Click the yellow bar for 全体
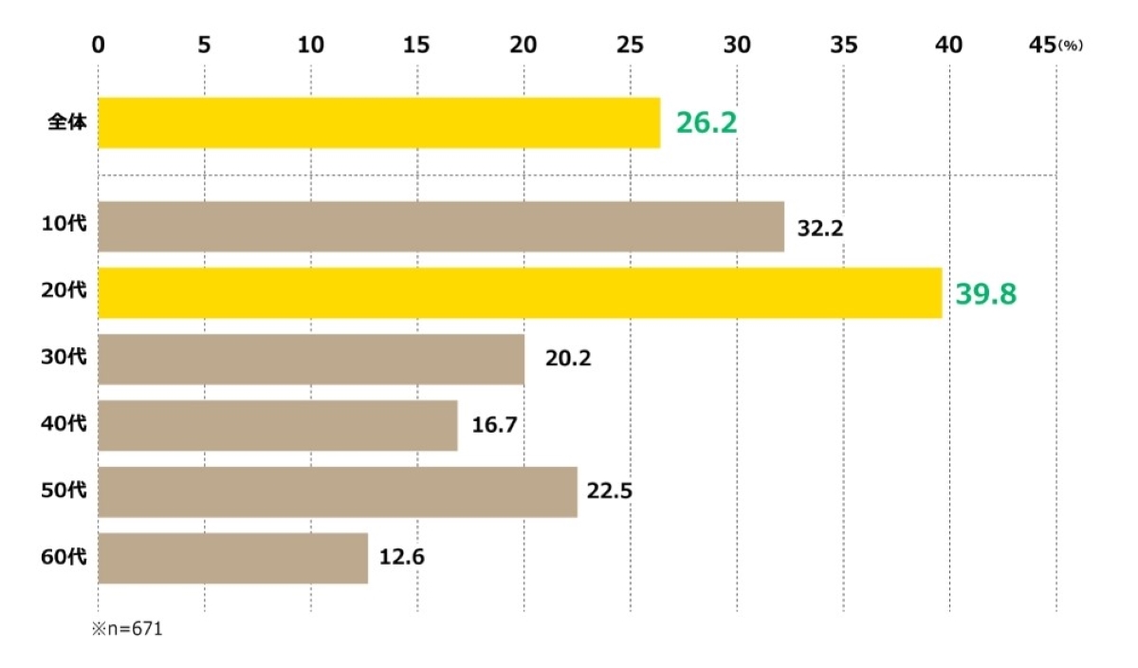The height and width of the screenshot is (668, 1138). (x=379, y=122)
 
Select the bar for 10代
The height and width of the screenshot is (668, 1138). (x=441, y=227)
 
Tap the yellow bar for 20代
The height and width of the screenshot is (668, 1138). (x=520, y=293)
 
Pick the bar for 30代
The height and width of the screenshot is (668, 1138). (x=311, y=360)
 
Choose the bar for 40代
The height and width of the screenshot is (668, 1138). (x=278, y=426)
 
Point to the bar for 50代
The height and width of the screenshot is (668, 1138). (x=338, y=492)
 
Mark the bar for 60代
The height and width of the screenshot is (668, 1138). (x=232, y=558)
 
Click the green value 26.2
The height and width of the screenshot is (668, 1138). (x=707, y=122)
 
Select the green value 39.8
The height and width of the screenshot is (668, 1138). (x=985, y=294)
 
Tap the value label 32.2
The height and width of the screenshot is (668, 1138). (x=820, y=228)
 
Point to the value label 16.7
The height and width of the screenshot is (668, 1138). (x=494, y=426)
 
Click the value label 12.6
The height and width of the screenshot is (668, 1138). (x=401, y=558)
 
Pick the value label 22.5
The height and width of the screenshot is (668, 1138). (x=609, y=492)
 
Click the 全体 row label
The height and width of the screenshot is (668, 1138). (x=67, y=122)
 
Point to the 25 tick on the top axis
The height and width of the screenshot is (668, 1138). (x=630, y=45)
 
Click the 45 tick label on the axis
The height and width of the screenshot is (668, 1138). (x=1043, y=45)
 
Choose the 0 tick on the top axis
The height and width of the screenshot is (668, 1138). (x=99, y=45)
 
